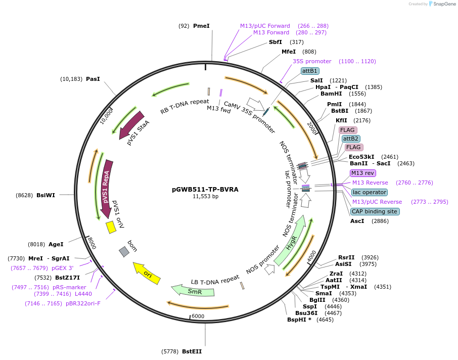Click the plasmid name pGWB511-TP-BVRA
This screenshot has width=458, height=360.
tap(205, 190)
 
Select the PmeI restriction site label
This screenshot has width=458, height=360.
tap(201, 26)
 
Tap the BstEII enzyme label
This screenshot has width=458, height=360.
tap(192, 351)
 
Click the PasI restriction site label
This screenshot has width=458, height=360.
tap(93, 79)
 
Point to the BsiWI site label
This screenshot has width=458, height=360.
tap(45, 195)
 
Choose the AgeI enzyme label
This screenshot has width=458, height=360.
tap(56, 244)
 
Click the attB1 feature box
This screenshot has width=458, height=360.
tap(309, 71)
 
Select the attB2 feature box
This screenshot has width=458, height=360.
tap(351, 139)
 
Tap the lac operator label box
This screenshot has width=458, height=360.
tap(370, 192)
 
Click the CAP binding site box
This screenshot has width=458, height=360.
tap(375, 211)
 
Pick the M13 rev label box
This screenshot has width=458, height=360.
tap(362, 173)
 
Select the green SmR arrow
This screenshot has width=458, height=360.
tap(193, 291)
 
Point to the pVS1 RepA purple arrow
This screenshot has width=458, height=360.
tap(107, 188)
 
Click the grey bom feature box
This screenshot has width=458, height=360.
tap(124, 251)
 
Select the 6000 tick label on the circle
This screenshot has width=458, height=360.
tap(198, 316)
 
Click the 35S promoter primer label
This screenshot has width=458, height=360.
tap(312, 61)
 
